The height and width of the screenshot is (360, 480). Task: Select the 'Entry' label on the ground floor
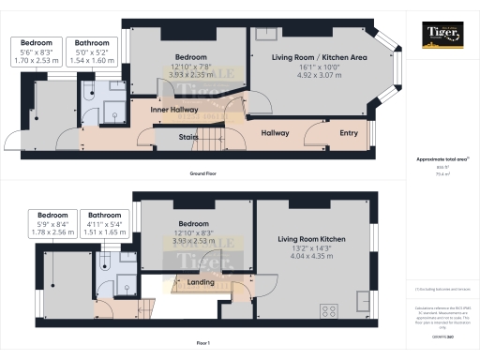tap(349, 133)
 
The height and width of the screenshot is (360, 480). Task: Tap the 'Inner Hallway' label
tap(177, 110)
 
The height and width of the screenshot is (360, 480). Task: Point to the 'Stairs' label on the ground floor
tap(188, 136)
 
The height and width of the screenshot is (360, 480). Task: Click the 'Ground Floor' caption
tap(204, 174)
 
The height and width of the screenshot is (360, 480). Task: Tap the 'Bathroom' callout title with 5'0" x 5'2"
tap(92, 43)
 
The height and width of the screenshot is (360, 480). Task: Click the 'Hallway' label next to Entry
tap(275, 133)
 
